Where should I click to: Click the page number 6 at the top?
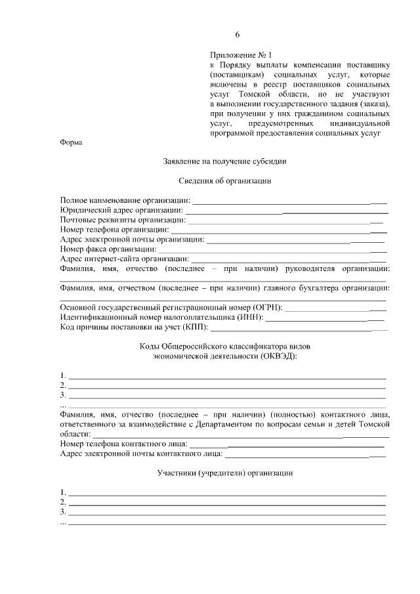click(x=238, y=34)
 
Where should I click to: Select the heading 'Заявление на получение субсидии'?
click(x=224, y=161)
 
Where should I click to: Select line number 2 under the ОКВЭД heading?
click(x=227, y=387)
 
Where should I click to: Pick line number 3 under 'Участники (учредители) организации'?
click(x=227, y=513)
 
